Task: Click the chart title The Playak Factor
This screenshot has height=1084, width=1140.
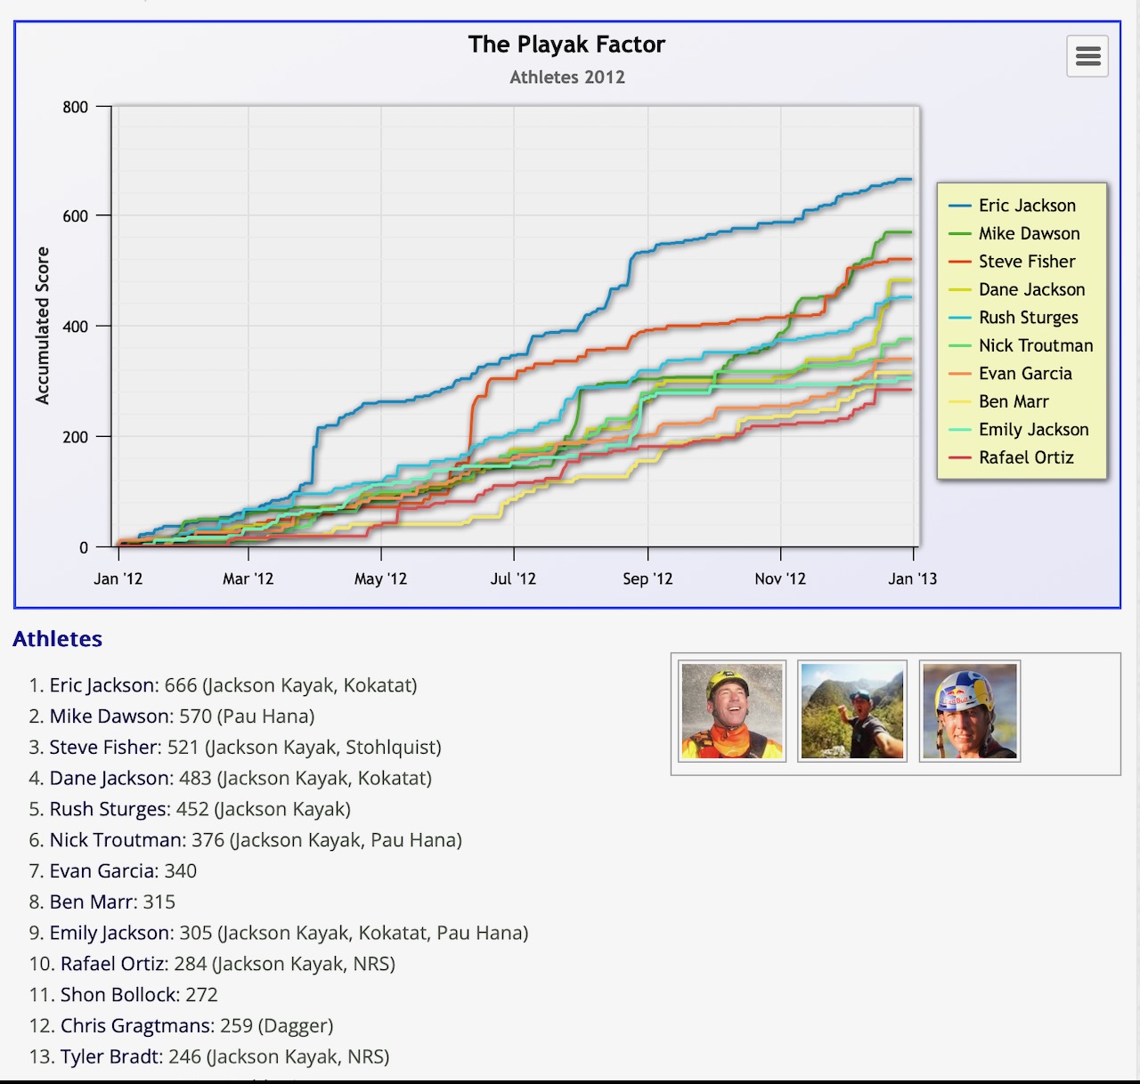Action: point(566,44)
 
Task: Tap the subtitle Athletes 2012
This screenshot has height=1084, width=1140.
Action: point(567,77)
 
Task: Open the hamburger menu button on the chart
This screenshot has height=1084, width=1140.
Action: point(1087,57)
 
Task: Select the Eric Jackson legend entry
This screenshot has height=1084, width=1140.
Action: point(1026,206)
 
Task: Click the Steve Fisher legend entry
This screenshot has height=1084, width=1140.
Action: point(1026,262)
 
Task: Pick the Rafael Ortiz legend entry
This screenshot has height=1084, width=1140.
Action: point(1025,457)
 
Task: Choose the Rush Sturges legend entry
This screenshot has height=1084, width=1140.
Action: point(1028,318)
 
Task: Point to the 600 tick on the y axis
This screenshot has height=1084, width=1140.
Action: point(75,216)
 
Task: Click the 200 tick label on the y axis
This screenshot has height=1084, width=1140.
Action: point(75,437)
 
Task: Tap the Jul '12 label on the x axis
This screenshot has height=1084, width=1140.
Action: point(513,578)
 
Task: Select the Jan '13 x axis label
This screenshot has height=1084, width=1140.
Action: point(912,578)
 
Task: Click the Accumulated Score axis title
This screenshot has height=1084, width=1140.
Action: point(42,326)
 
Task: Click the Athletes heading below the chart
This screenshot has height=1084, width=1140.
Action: point(58,639)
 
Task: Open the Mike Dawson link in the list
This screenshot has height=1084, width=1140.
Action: point(110,716)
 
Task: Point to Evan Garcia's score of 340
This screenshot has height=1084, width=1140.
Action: point(181,871)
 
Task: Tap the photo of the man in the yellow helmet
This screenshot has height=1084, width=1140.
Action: point(732,711)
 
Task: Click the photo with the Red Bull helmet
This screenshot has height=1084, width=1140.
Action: point(970,711)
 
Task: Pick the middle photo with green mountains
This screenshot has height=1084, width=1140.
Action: point(851,711)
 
